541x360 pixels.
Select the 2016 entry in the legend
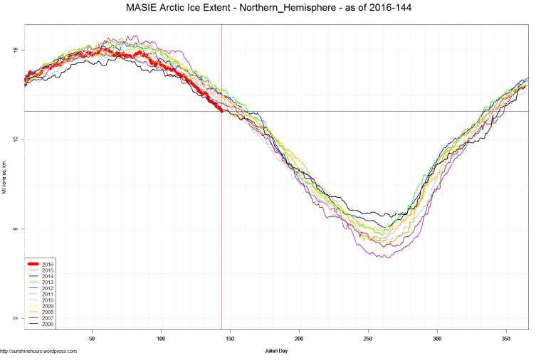click(48, 265)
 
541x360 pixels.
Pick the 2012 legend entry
click(48, 288)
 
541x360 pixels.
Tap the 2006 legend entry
click(48, 324)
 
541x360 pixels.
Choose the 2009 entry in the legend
click(48, 306)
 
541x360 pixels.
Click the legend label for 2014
click(48, 276)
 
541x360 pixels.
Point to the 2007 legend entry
click(48, 318)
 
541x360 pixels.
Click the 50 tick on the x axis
click(92, 338)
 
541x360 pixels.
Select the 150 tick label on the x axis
click(230, 338)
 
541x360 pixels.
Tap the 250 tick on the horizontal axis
click(368, 338)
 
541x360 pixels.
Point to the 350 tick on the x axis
click(506, 338)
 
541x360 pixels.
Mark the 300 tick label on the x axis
click(437, 338)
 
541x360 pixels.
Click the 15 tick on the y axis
click(15, 50)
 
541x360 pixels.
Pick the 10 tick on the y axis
click(15, 139)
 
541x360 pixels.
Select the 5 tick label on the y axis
click(16, 228)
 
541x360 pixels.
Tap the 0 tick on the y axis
click(16, 318)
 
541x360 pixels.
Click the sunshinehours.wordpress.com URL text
click(38, 351)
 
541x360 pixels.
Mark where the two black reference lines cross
click(222, 111)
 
